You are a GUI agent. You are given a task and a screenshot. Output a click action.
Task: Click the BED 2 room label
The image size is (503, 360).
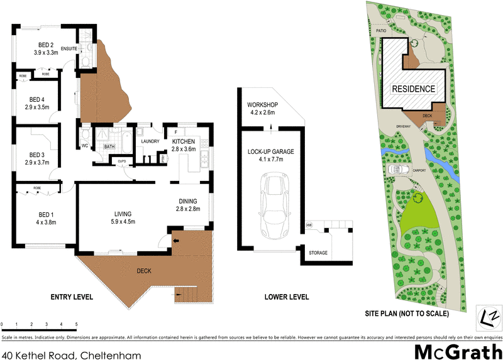click(x=45, y=45)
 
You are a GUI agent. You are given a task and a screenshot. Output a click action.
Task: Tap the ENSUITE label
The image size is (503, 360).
click(x=69, y=48)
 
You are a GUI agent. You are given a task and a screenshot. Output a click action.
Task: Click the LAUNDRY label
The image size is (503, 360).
click(x=150, y=141)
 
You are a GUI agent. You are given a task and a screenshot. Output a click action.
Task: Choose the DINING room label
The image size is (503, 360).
click(x=187, y=201)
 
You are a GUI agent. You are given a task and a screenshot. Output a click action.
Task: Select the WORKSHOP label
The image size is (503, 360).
click(x=262, y=104)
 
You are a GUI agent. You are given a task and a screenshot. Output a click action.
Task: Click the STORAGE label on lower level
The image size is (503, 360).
click(x=318, y=253)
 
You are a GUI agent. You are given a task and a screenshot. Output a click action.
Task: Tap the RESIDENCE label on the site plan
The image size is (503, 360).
click(x=413, y=89)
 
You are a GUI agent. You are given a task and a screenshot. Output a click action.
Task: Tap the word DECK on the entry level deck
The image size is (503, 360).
click(x=144, y=271)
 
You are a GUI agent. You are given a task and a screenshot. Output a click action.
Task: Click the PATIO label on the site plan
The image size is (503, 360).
click(x=380, y=29)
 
